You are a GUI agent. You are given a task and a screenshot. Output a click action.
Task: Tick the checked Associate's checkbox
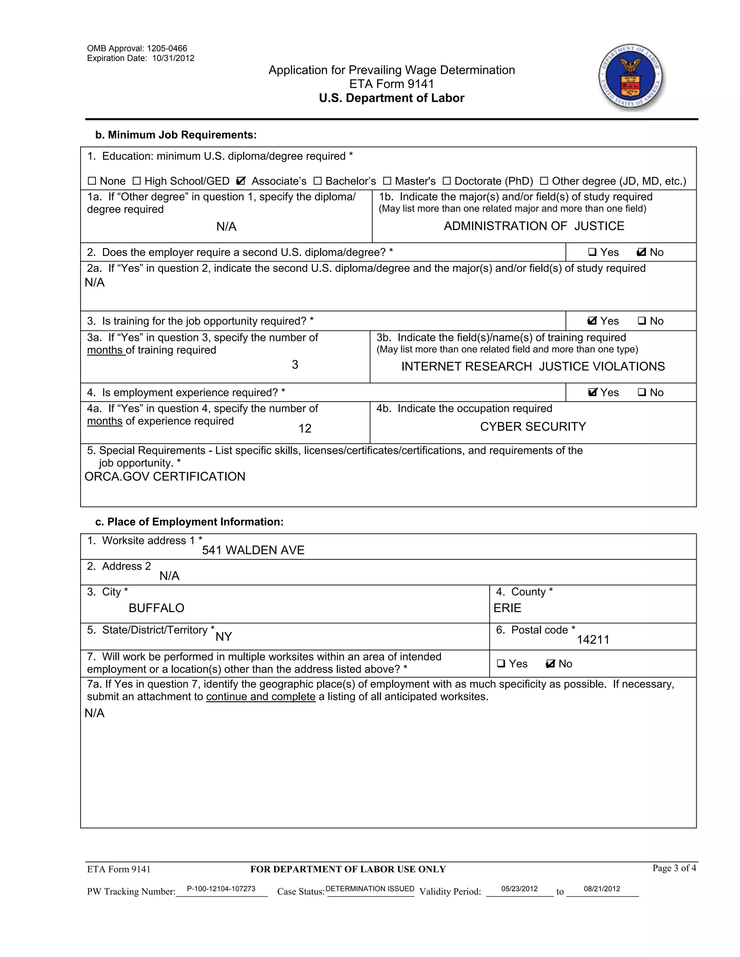(x=241, y=181)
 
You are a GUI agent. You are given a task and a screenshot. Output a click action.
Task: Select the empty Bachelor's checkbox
(x=317, y=181)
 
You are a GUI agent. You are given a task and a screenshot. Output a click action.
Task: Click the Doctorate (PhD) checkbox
(x=446, y=181)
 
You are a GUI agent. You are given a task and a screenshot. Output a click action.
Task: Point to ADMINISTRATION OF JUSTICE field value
(x=534, y=226)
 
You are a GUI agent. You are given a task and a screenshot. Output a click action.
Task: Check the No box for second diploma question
(x=641, y=252)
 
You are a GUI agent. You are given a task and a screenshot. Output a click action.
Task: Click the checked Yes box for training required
(x=592, y=321)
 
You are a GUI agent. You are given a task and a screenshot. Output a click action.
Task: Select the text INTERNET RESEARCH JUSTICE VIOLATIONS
(x=533, y=366)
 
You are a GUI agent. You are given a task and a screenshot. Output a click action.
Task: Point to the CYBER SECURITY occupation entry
(x=533, y=427)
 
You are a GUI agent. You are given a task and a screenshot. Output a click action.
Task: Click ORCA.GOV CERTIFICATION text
(x=165, y=477)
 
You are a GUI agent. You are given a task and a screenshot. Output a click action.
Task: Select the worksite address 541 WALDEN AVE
(x=253, y=550)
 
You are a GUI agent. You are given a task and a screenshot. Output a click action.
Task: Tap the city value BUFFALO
(x=156, y=608)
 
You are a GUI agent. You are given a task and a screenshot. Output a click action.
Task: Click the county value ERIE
(x=507, y=608)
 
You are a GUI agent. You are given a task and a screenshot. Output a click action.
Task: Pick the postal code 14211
(x=593, y=640)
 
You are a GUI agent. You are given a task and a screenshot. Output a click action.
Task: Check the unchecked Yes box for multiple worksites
(x=501, y=664)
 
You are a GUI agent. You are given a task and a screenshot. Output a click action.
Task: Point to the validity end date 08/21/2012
(x=602, y=889)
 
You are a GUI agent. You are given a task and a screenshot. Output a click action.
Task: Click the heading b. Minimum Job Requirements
(x=176, y=135)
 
